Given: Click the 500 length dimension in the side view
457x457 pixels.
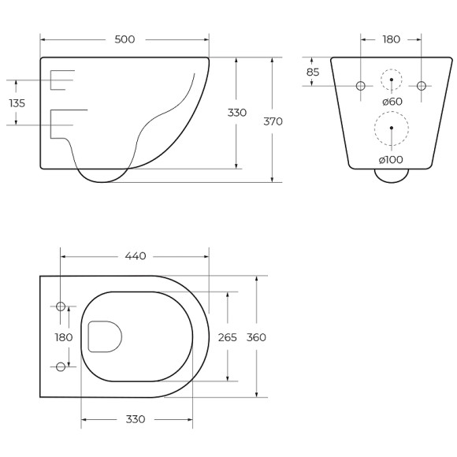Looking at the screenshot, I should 124,39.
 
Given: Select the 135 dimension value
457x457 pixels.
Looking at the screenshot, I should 17,103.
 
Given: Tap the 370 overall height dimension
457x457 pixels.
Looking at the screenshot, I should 273,121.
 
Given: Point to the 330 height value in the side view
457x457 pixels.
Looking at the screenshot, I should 237,113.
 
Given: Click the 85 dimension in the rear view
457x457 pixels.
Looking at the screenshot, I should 313,72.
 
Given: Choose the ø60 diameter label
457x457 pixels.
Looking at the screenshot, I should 392,101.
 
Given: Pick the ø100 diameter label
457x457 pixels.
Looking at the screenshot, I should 391,160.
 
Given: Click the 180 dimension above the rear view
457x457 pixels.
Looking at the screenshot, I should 391,39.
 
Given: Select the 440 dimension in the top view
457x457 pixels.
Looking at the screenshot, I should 136,256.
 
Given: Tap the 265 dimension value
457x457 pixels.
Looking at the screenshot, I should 228,337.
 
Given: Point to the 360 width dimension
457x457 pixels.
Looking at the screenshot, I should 257,337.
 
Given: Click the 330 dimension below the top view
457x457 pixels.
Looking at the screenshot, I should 136,419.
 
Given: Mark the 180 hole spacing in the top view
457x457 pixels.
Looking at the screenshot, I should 64,337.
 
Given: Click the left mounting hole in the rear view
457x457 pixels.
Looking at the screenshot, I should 361,85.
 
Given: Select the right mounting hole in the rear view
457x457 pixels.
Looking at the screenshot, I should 421,85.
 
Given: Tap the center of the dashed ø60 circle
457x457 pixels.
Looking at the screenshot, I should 392,80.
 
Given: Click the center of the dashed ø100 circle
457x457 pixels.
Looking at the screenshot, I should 392,128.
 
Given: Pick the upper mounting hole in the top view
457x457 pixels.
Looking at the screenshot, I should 61,307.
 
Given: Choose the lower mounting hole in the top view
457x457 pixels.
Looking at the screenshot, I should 61,366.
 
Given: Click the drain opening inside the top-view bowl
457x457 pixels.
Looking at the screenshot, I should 104,336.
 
